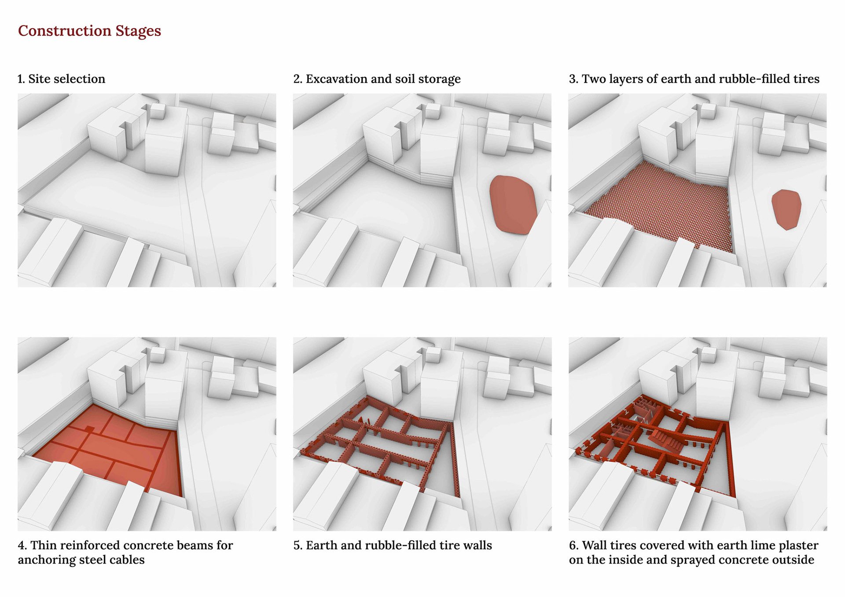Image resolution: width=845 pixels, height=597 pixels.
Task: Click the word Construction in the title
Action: click(x=65, y=31)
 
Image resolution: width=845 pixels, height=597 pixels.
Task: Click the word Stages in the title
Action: click(x=138, y=31)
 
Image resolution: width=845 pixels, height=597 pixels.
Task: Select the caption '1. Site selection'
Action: click(x=62, y=79)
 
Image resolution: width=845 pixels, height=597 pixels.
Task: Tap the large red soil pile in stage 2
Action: click(x=513, y=205)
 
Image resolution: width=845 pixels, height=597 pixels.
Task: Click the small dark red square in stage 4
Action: click(x=89, y=429)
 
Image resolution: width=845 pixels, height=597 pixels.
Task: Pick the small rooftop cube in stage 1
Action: click(x=157, y=110)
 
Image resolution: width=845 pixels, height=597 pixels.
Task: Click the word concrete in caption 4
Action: click(x=149, y=546)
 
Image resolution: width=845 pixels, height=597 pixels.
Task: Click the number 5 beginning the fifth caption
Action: click(x=298, y=546)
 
